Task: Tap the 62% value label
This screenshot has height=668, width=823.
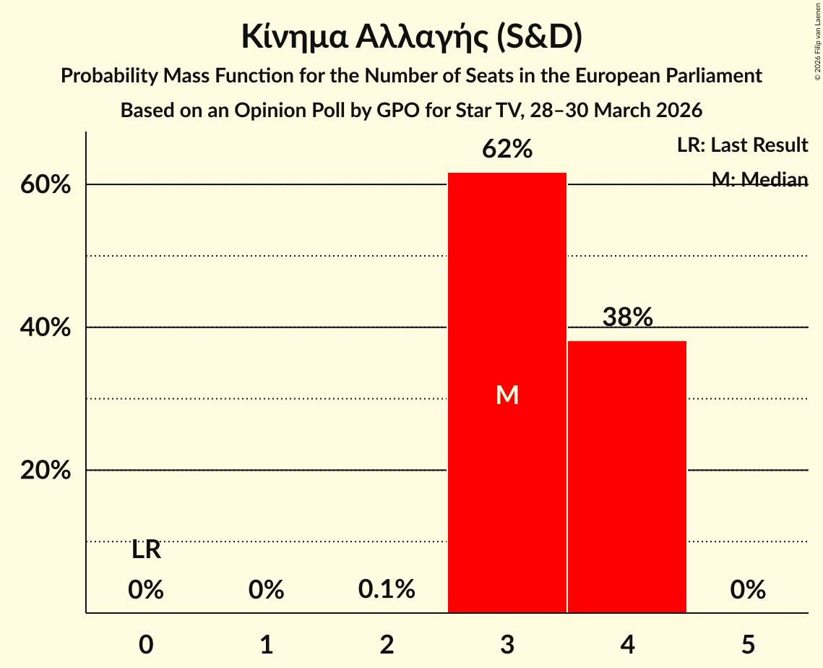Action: [x=507, y=150]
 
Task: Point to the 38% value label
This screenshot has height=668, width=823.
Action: [x=627, y=317]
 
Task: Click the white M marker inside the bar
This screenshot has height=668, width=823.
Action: [x=507, y=395]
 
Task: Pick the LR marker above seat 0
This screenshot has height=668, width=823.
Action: [x=146, y=550]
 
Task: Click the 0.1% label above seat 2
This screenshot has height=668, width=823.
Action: [x=387, y=590]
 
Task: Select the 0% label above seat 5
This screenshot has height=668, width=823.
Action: [x=747, y=590]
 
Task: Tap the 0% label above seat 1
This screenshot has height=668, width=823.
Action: [x=266, y=590]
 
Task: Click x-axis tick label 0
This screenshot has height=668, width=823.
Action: [x=146, y=644]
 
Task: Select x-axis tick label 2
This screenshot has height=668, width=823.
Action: [x=387, y=644]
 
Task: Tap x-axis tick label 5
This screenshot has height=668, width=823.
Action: [x=747, y=644]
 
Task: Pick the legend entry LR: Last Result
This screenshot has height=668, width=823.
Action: [x=742, y=145]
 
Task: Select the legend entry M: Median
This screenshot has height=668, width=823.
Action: [x=759, y=179]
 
